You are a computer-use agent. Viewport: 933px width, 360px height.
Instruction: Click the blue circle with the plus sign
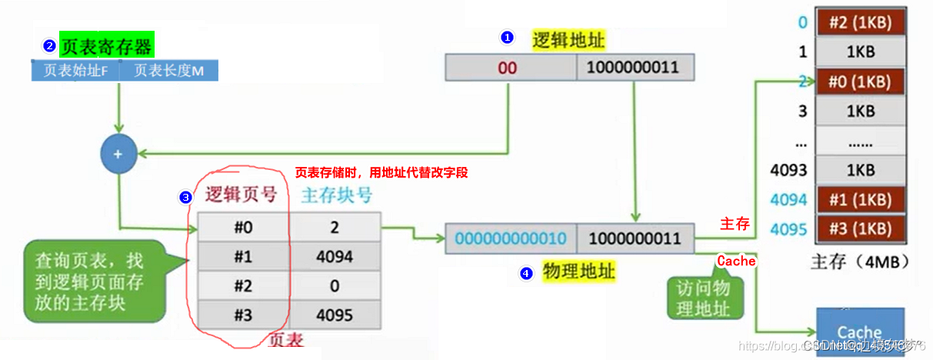coord(118,154)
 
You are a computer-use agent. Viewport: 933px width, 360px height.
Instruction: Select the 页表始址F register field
coord(75,71)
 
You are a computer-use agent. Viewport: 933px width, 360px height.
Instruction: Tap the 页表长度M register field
coord(170,71)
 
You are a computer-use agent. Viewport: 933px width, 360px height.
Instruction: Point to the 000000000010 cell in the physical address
coord(511,238)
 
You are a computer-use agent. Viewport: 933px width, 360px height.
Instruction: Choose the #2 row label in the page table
coord(243,285)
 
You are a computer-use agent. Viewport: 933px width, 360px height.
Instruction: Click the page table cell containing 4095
coord(335,315)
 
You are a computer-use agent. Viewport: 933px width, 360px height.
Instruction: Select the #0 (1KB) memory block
coord(861,82)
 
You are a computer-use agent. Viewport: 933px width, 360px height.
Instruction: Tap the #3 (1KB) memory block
coord(861,229)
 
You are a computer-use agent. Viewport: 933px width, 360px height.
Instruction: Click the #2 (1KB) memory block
coord(861,22)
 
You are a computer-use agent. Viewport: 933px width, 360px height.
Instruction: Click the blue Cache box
coord(859,332)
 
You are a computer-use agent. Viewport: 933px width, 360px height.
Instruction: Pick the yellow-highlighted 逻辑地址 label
coord(568,39)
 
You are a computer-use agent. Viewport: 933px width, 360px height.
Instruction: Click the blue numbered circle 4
coord(526,272)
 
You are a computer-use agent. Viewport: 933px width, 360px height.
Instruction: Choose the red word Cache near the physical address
coord(736,261)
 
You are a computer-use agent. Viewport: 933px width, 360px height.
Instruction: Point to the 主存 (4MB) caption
coord(860,262)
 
